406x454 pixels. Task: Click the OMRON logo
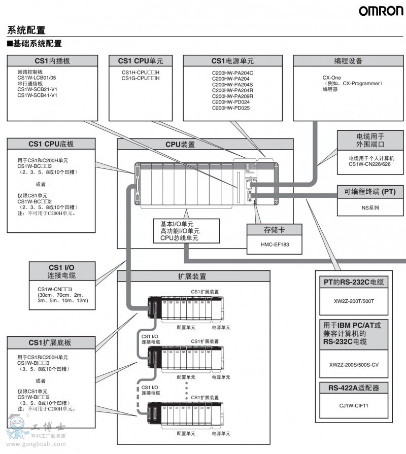coord(381,11)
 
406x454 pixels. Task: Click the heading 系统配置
coord(26,30)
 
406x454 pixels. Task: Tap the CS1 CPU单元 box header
coord(141,61)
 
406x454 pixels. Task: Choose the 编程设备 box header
coord(348,61)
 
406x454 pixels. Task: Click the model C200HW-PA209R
coord(232,96)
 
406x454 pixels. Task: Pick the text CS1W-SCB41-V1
coord(38,95)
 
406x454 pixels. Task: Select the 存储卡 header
coord(275,230)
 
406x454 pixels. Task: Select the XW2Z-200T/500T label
coord(354,301)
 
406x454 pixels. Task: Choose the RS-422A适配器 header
coord(354,389)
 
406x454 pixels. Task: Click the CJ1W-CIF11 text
coord(354,405)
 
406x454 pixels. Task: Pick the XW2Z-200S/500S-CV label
coord(354,364)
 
